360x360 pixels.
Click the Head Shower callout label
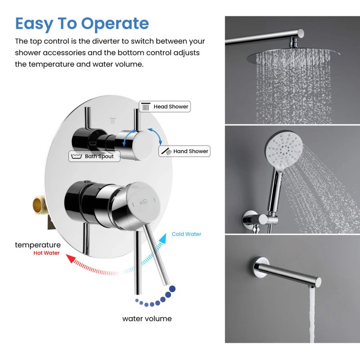(x=165, y=107)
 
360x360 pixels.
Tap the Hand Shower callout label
(x=184, y=151)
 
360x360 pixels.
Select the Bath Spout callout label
(x=94, y=156)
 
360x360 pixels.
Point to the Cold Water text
(x=186, y=234)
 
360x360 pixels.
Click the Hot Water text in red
(x=46, y=253)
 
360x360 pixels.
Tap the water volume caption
(x=147, y=319)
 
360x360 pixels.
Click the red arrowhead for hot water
(x=70, y=258)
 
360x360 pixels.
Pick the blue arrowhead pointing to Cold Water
(x=163, y=238)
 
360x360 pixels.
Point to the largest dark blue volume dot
(x=172, y=289)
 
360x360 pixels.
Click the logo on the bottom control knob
(x=144, y=202)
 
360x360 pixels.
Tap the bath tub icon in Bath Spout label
(x=76, y=156)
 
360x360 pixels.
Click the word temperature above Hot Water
(x=38, y=245)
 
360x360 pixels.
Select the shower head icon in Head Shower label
(x=145, y=107)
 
